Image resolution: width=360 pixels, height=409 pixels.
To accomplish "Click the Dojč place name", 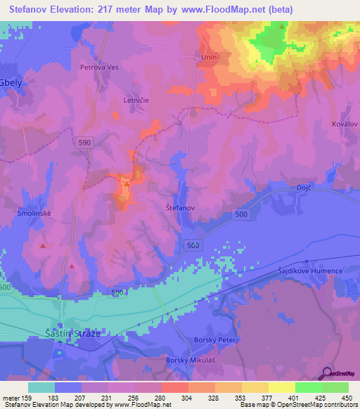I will pos(283,187).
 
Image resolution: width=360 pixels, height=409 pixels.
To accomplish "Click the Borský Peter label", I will pos(212,339).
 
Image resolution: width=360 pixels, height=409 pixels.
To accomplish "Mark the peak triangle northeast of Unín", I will pos(282,27).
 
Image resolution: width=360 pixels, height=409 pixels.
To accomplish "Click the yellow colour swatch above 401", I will pos(282,387).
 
